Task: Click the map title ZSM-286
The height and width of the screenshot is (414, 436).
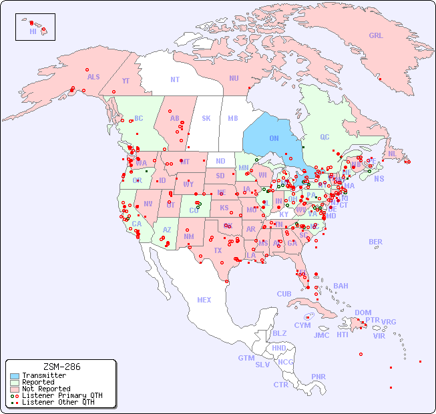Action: pos(61,367)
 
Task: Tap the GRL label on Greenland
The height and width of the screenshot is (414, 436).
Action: pos(376,36)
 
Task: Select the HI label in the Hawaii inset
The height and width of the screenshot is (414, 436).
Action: pos(33,31)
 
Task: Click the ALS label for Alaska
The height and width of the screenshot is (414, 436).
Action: pos(93,77)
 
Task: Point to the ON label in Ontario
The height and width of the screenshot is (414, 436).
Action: pos(274,138)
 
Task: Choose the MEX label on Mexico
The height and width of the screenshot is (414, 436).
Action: pos(204,300)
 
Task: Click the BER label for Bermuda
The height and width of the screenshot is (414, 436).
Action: pos(376,242)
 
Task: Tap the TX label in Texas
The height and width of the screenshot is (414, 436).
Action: pos(218,250)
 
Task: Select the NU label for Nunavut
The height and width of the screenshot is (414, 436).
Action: pos(234,78)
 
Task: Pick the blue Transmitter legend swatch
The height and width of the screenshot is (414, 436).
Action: pos(15,376)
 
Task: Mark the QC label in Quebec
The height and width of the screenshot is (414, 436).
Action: pos(324,137)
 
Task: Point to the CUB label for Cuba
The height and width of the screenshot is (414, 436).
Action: pos(284,294)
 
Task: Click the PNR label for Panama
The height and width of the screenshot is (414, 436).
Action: pos(318,377)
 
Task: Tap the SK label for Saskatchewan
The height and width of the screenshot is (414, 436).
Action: pos(206,118)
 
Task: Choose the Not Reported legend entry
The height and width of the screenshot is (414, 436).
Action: pos(45,389)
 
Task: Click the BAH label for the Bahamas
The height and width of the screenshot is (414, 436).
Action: pos(341,286)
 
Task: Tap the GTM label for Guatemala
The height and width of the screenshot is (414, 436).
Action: pos(246,358)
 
